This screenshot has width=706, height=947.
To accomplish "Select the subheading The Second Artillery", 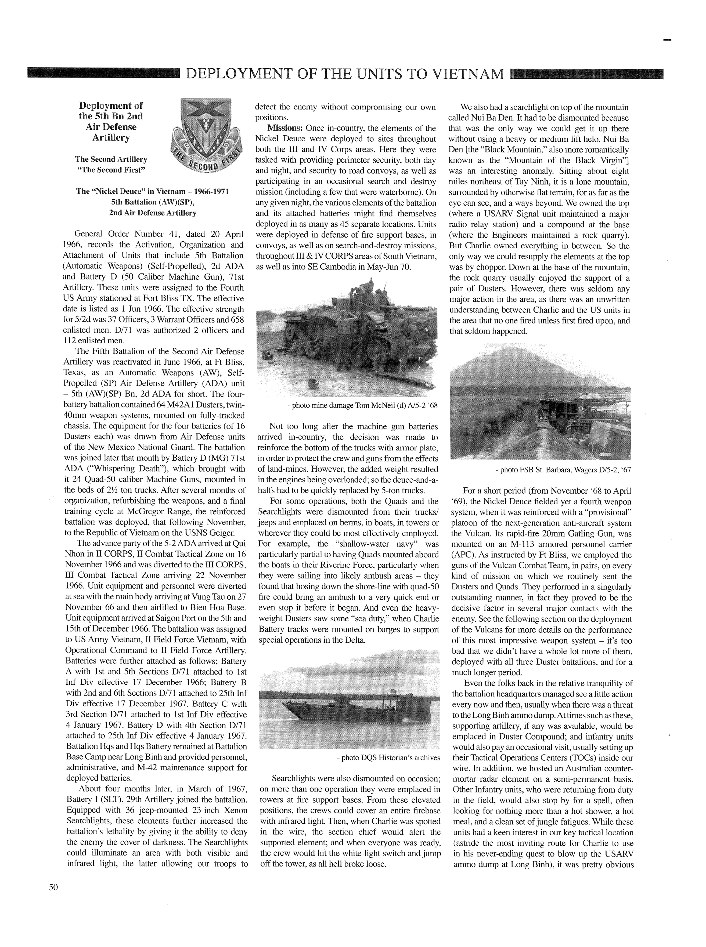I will (111, 159).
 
